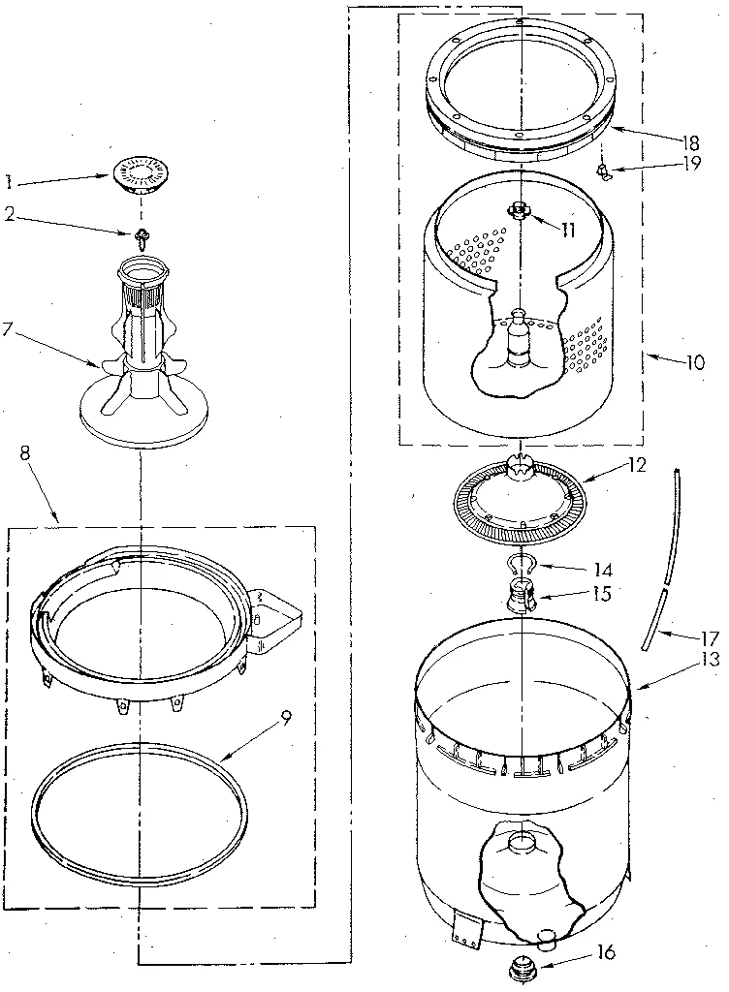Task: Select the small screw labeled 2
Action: [x=142, y=233]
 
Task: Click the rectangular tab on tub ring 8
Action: [x=276, y=616]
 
